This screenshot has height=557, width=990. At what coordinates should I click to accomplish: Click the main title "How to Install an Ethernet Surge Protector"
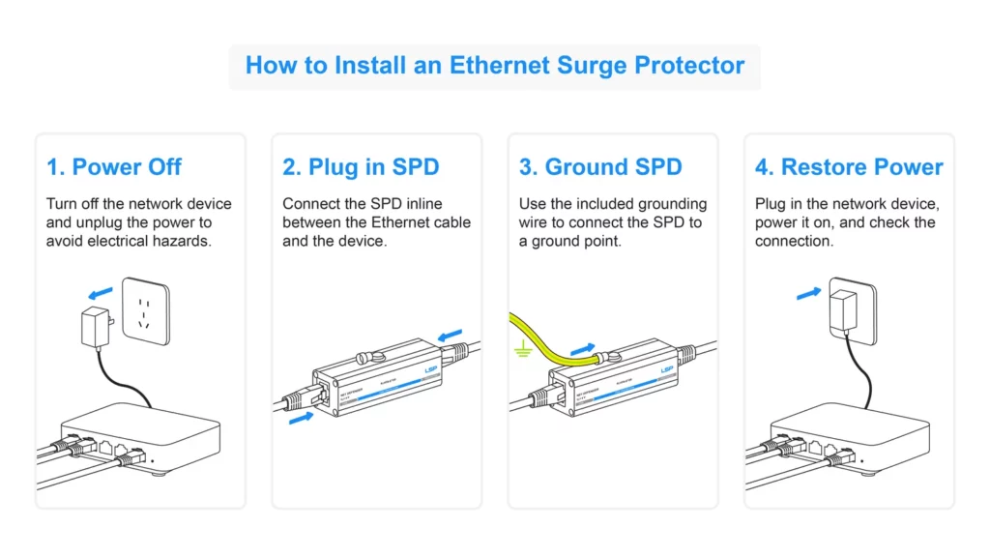pyautogui.click(x=494, y=66)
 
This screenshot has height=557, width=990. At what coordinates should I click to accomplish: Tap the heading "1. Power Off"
pyautogui.click(x=114, y=167)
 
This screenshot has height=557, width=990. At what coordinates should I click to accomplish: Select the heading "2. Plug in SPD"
pyautogui.click(x=361, y=167)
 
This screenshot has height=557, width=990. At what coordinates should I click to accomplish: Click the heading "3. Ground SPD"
pyautogui.click(x=599, y=167)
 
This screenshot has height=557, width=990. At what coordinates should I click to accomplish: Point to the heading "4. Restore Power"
pyautogui.click(x=848, y=167)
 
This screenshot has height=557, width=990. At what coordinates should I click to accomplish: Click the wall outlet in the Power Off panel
pyautogui.click(x=146, y=310)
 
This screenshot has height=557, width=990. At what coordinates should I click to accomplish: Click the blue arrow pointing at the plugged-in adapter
pyautogui.click(x=808, y=291)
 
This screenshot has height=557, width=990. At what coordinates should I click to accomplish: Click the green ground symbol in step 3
pyautogui.click(x=523, y=352)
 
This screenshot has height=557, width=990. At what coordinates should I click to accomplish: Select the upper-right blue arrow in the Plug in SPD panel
pyautogui.click(x=451, y=336)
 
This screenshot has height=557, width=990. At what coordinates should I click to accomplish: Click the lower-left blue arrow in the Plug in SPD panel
pyautogui.click(x=303, y=418)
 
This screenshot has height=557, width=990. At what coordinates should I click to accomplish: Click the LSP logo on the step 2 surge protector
pyautogui.click(x=429, y=368)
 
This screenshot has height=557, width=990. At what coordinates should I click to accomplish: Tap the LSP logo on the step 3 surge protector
pyautogui.click(x=666, y=369)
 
